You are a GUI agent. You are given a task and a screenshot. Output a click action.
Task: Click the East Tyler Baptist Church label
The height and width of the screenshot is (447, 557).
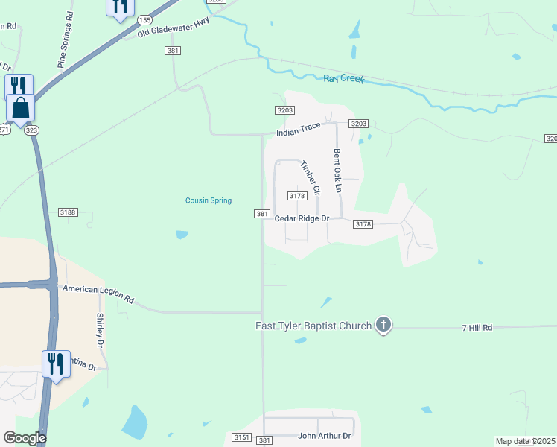tap(313, 326)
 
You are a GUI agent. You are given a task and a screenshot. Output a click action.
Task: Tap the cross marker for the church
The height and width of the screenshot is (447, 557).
tap(383, 324)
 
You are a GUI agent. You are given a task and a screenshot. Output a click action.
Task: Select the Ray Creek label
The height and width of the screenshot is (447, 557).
tap(343, 78)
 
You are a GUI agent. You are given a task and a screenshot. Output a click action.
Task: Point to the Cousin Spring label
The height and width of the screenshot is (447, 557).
tap(209, 200)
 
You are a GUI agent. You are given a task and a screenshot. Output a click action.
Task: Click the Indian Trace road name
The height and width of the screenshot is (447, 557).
tap(298, 130)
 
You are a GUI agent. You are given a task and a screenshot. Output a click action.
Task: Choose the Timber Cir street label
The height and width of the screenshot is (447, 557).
tap(310, 177)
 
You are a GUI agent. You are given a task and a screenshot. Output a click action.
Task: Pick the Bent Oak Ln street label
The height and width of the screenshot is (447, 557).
tap(337, 172)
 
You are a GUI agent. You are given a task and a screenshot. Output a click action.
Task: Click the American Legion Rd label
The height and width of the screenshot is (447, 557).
tap(98, 294)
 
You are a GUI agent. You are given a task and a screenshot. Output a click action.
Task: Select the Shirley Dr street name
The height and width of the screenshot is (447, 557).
tap(99, 330)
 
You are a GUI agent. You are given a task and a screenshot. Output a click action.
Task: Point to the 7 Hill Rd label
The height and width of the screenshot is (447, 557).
tap(477, 327)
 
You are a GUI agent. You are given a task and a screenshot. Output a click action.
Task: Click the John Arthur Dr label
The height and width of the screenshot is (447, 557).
tap(324, 435)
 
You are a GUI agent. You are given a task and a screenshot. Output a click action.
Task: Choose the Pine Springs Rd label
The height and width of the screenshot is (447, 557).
tap(66, 40)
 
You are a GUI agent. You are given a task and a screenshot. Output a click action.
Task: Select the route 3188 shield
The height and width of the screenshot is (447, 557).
tap(68, 212)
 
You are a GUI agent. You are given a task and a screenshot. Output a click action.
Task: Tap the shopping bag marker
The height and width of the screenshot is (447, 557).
tap(21, 107)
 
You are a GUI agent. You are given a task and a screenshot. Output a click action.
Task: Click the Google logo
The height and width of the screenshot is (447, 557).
tap(25, 438)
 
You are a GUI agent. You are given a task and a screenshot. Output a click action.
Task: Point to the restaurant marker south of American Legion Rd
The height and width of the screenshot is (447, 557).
tap(56, 364)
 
